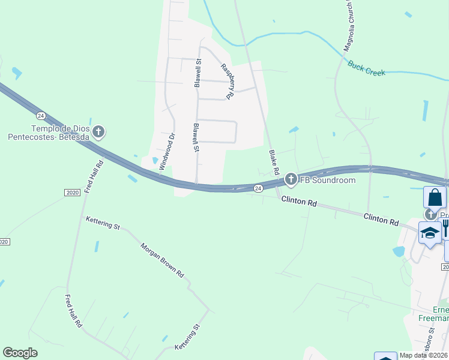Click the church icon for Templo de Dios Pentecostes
pos(100,131)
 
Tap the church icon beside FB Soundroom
pos(291,179)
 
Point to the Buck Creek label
pos(366,68)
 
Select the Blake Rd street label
pos(274,162)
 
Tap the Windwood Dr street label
pos(166,152)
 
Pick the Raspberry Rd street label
pos(226,81)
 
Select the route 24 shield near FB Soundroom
pos(257,188)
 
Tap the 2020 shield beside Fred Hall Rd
pos(71,192)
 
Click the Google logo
pos(20,353)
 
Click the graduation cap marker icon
pos(430,232)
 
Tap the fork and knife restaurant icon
pos(445,227)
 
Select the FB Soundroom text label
pos(327,180)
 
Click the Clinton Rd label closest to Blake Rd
pos(299,203)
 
